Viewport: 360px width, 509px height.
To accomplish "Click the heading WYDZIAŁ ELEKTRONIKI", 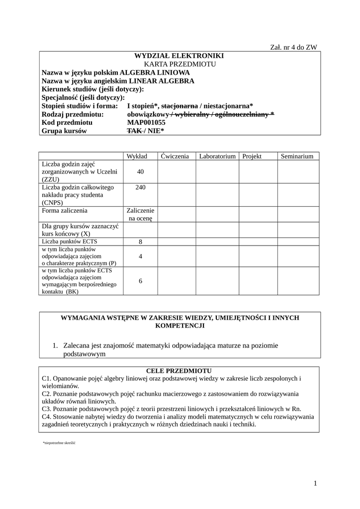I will pos(180,56).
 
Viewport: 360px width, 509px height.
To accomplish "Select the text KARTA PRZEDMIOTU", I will pos(180,65).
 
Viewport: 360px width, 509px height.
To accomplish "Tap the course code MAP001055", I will pos(146,122).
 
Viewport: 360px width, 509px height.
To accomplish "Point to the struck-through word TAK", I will pos(134,131).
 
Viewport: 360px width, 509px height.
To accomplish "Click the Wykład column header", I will pos(137,156).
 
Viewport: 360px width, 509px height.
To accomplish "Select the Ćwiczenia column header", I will pos(175,156).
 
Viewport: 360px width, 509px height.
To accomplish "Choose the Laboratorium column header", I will pos(217,156).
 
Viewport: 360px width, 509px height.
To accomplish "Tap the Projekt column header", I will pos(252,156).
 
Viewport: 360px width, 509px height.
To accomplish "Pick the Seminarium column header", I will pos(297,156).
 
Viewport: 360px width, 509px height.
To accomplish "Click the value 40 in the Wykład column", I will pos(140,171).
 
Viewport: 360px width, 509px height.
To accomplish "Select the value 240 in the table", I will pos(140,187).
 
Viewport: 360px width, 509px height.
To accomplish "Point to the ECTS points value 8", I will pos(140,242).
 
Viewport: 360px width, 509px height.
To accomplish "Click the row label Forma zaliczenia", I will pos(65,210).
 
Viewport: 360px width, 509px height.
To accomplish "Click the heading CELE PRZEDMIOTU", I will pos(179,371).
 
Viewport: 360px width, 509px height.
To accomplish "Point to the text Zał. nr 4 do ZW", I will pos(293,47).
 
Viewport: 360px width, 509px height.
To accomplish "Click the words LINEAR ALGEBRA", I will pos(161,81).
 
